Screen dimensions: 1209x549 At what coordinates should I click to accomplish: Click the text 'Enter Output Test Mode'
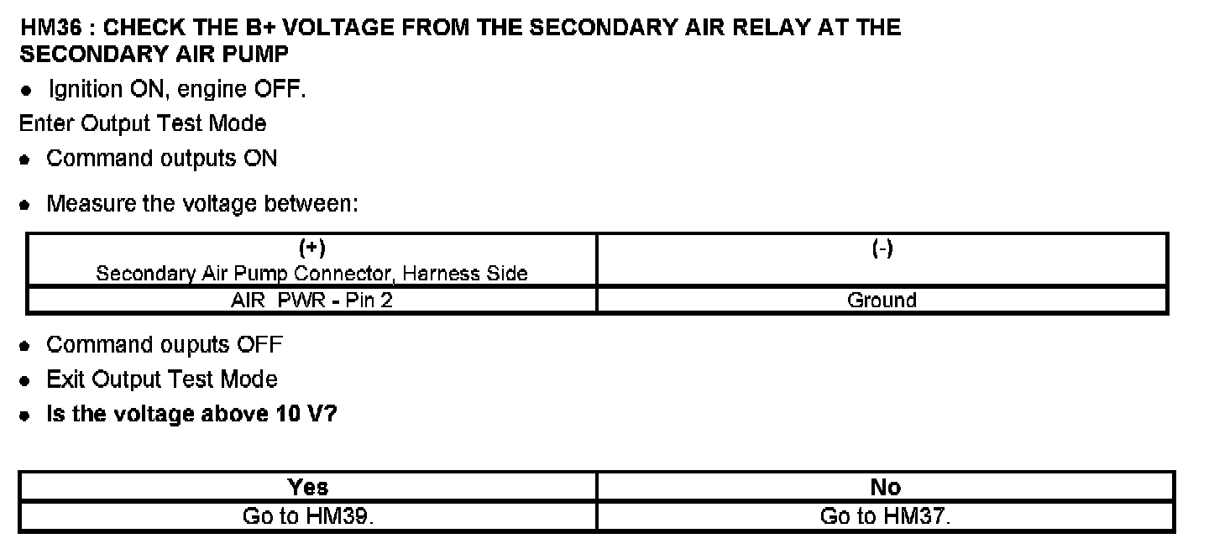(x=143, y=123)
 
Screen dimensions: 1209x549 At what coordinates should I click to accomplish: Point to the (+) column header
(x=311, y=248)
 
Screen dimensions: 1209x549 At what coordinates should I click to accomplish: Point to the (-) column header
(x=882, y=248)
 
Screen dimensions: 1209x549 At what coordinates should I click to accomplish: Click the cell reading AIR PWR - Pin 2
(x=311, y=300)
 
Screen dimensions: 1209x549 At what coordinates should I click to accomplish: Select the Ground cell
(x=882, y=300)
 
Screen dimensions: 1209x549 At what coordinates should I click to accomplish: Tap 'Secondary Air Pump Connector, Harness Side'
(x=311, y=274)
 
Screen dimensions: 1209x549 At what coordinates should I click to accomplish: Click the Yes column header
(x=307, y=487)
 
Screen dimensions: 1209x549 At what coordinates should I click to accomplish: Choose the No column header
(x=886, y=487)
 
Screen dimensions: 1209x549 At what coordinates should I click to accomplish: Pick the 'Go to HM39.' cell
(x=307, y=516)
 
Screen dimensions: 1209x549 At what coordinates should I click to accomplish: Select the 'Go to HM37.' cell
(x=886, y=516)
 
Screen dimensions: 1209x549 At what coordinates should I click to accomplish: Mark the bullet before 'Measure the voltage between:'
(x=26, y=204)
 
